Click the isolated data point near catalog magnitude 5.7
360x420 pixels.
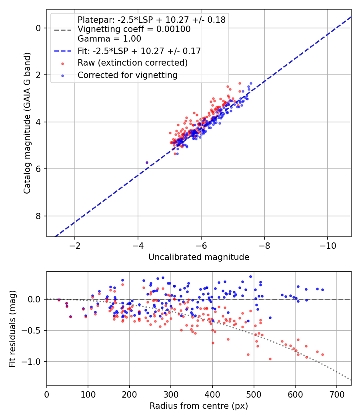tap(147, 162)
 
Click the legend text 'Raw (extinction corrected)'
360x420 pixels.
tap(132, 63)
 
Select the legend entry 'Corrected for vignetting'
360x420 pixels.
tap(127, 75)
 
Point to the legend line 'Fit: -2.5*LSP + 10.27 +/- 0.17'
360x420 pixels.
tap(139, 51)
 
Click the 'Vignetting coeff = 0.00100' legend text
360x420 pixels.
tap(134, 29)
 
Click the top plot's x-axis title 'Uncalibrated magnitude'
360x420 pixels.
tap(199, 257)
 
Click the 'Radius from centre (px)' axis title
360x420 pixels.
tap(199, 406)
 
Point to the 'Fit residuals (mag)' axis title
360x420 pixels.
tap(13, 328)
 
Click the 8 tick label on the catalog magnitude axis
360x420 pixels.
tap(38, 216)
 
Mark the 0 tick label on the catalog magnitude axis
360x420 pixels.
tap(38, 28)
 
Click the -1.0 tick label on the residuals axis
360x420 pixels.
tap(33, 362)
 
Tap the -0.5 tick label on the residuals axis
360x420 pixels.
tap(33, 330)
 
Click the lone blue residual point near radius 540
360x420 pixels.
tap(270, 318)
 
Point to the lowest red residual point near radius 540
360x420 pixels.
tap(270, 359)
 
